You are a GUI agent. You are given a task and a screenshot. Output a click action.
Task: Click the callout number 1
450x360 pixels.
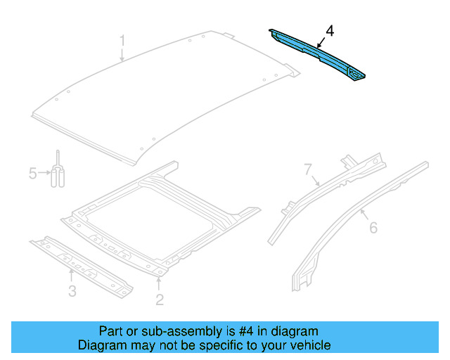coord(122,41)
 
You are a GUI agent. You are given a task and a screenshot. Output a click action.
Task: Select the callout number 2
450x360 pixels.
coord(160,300)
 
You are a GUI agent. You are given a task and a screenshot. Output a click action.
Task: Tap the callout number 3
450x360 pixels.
coord(72,291)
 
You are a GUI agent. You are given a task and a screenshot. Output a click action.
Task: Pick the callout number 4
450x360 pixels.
coord(330,30)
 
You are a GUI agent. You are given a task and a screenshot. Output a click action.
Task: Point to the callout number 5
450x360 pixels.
coord(32,173)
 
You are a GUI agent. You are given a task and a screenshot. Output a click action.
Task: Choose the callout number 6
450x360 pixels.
coord(373,227)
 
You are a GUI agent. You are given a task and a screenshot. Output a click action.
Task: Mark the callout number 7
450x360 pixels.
coord(307,169)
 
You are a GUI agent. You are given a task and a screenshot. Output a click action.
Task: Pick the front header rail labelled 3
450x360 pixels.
coord(81,264)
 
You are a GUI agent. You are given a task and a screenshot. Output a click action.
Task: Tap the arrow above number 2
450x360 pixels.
coord(160,284)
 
